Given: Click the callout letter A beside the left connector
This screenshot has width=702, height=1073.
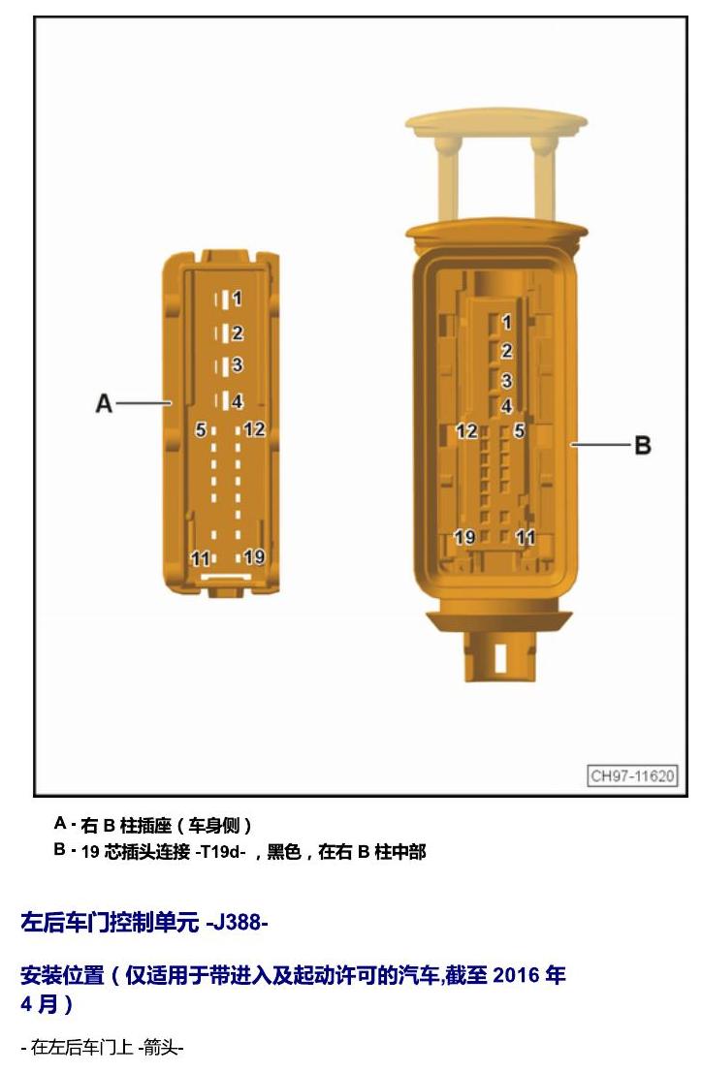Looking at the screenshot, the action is coord(104,403).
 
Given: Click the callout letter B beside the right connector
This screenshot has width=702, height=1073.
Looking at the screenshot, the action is coord(643,446).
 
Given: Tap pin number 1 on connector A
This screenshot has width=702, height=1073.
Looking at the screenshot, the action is coord(237,299).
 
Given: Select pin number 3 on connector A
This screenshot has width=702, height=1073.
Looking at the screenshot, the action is coord(237,365).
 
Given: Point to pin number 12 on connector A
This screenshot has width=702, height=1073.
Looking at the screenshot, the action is coord(254,429).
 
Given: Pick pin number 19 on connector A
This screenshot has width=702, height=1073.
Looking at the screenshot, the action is coord(254,556).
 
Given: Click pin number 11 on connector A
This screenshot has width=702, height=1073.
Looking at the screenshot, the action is coord(200,559).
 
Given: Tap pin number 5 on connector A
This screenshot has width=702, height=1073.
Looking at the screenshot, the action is coord(201,429).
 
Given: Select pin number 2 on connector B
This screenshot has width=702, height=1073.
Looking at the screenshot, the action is coord(506,351).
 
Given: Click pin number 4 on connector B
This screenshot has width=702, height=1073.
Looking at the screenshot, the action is coord(506,406).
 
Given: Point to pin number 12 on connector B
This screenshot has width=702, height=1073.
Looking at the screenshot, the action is coord(466,431).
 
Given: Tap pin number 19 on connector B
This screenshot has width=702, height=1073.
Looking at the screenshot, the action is coord(465,537).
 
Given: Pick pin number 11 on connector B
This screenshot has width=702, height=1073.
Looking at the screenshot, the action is coord(525,537).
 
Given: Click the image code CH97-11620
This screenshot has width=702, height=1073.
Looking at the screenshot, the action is coord(633,775).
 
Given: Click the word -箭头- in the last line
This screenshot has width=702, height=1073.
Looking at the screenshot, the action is coord(161,1047).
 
